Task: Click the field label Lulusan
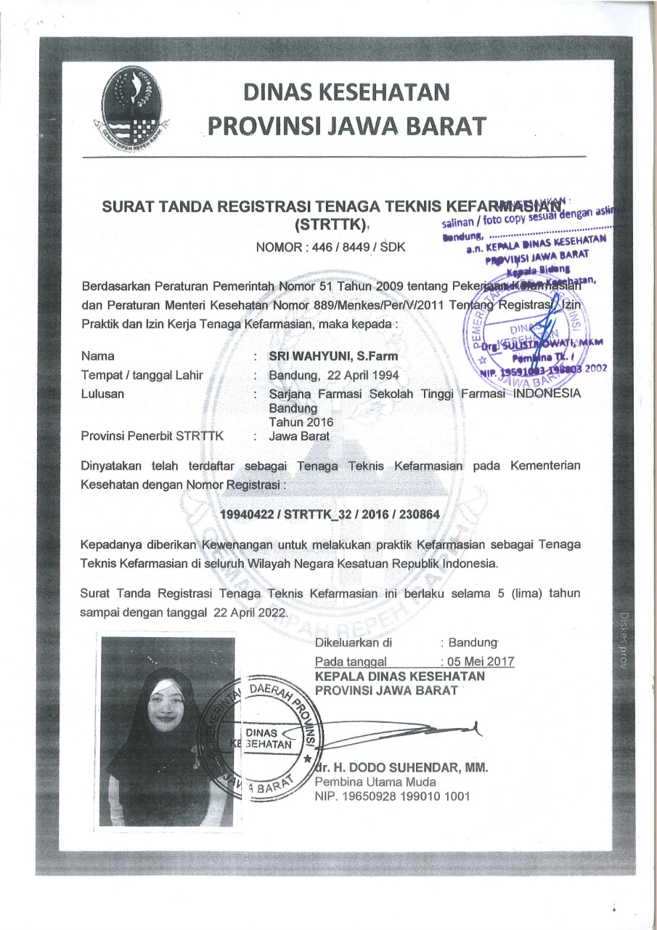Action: pyautogui.click(x=102, y=394)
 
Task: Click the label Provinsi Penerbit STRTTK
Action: pyautogui.click(x=153, y=437)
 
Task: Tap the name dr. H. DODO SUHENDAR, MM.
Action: pyautogui.click(x=401, y=767)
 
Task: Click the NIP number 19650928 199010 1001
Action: pyautogui.click(x=392, y=796)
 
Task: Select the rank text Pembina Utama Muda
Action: pyautogui.click(x=375, y=782)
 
